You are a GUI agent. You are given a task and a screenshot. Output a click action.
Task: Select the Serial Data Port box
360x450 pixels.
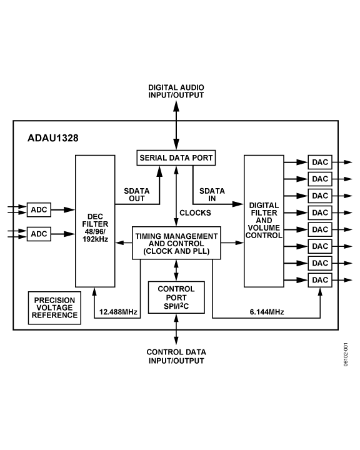(176, 158)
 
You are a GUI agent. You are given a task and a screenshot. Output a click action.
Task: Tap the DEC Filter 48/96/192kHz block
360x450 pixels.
(95, 221)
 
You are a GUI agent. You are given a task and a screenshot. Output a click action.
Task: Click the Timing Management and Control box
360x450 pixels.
(176, 243)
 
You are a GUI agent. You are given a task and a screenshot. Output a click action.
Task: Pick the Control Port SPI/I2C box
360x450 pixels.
(176, 299)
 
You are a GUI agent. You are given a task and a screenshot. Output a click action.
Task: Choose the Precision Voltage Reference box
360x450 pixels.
(56, 307)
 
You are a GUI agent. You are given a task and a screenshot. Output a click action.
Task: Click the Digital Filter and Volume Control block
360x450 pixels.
(264, 221)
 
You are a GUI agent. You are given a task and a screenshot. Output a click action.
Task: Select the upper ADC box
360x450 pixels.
(39, 209)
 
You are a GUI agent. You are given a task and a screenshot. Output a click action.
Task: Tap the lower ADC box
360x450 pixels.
(39, 234)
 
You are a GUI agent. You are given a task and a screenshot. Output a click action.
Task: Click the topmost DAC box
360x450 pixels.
(319, 162)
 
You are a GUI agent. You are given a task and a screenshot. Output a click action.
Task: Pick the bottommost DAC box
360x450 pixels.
(319, 280)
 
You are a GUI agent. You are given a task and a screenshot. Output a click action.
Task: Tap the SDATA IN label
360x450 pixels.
(212, 194)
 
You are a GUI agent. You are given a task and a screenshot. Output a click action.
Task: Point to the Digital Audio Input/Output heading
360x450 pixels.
(176, 91)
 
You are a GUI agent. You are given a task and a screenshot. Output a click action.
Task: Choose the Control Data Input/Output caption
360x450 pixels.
(176, 356)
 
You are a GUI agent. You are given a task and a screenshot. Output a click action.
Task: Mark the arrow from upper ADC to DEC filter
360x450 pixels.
(62, 209)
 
